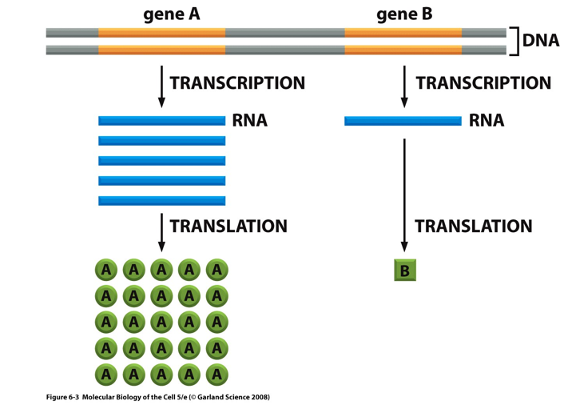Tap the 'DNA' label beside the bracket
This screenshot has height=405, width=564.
(541, 41)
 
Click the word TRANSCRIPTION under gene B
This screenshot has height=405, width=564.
(483, 83)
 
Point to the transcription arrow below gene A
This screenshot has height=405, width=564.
(162, 86)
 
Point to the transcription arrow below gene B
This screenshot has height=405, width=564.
(404, 86)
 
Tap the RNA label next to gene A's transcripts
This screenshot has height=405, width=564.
(249, 122)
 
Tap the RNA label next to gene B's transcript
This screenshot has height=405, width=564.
(487, 122)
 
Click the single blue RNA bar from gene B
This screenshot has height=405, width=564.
(403, 121)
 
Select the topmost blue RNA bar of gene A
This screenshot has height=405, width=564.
(161, 121)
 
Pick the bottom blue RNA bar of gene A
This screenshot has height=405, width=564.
(161, 200)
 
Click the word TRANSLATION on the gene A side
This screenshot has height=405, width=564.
(228, 227)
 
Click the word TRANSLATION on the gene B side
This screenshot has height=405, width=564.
(473, 227)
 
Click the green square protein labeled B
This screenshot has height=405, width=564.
(404, 271)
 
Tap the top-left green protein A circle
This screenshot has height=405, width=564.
(106, 271)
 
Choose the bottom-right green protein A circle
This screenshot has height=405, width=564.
(216, 373)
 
